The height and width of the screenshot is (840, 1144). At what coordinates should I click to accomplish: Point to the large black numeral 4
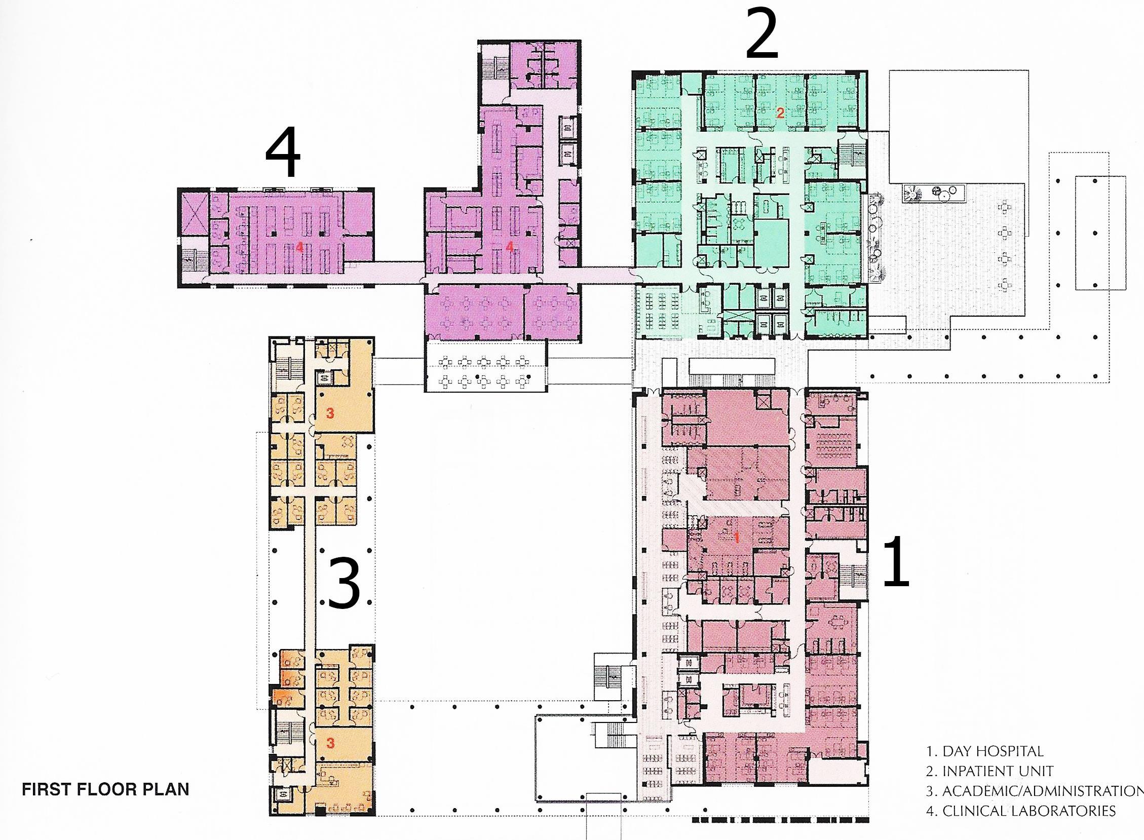pos(283,151)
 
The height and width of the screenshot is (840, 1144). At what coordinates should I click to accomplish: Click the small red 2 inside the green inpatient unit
pos(780,113)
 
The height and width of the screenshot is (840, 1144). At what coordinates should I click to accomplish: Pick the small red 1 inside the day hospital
pos(736,539)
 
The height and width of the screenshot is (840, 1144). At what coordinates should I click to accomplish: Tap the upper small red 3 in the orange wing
pos(330,413)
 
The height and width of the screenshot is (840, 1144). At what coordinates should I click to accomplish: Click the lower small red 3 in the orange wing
pos(330,743)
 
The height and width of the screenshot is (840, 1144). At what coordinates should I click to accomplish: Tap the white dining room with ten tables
pos(486,366)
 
